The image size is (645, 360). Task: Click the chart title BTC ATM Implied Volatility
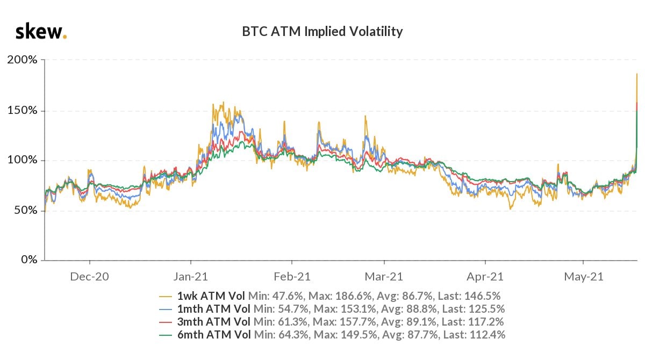322,32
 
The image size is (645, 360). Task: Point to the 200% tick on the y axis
22,60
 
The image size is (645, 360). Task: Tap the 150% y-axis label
22,110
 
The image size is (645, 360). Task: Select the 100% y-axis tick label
22,160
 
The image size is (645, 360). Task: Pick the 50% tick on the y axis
25,210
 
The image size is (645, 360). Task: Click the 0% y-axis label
27,260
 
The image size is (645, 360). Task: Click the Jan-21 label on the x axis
191,277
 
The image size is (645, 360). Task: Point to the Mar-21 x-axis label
384,277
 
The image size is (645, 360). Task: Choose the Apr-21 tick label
485,277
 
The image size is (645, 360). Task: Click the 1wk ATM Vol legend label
211,296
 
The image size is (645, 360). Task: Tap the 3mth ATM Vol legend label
213,322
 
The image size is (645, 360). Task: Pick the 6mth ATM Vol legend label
213,335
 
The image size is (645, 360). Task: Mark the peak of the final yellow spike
637,74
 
